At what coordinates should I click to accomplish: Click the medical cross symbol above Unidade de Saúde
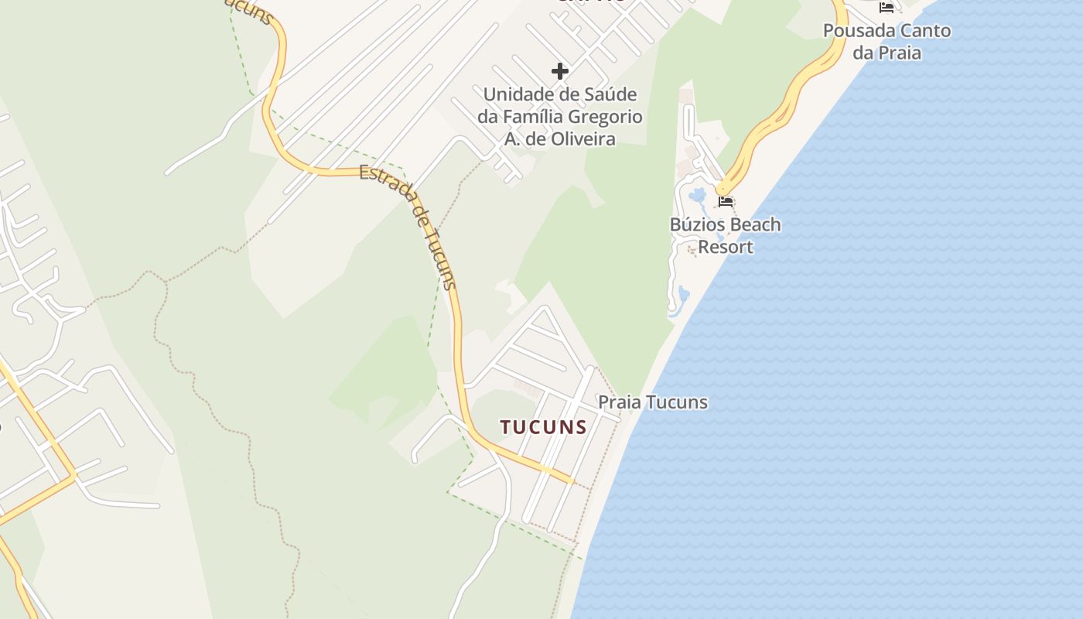coord(560,71)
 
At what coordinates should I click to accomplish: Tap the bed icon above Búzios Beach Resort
coord(726,202)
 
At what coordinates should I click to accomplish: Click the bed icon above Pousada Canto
coord(887,8)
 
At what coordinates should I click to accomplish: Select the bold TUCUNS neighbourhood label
coord(543,427)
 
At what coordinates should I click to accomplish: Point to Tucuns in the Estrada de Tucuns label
coord(442,258)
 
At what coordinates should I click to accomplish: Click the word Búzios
coord(697,225)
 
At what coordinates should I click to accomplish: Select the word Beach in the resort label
coord(755,225)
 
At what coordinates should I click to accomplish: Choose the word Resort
coord(726,247)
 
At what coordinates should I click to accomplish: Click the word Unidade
coord(516,94)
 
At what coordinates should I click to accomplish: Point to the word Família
coord(533,117)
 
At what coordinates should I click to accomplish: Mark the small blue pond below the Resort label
coord(683,293)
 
